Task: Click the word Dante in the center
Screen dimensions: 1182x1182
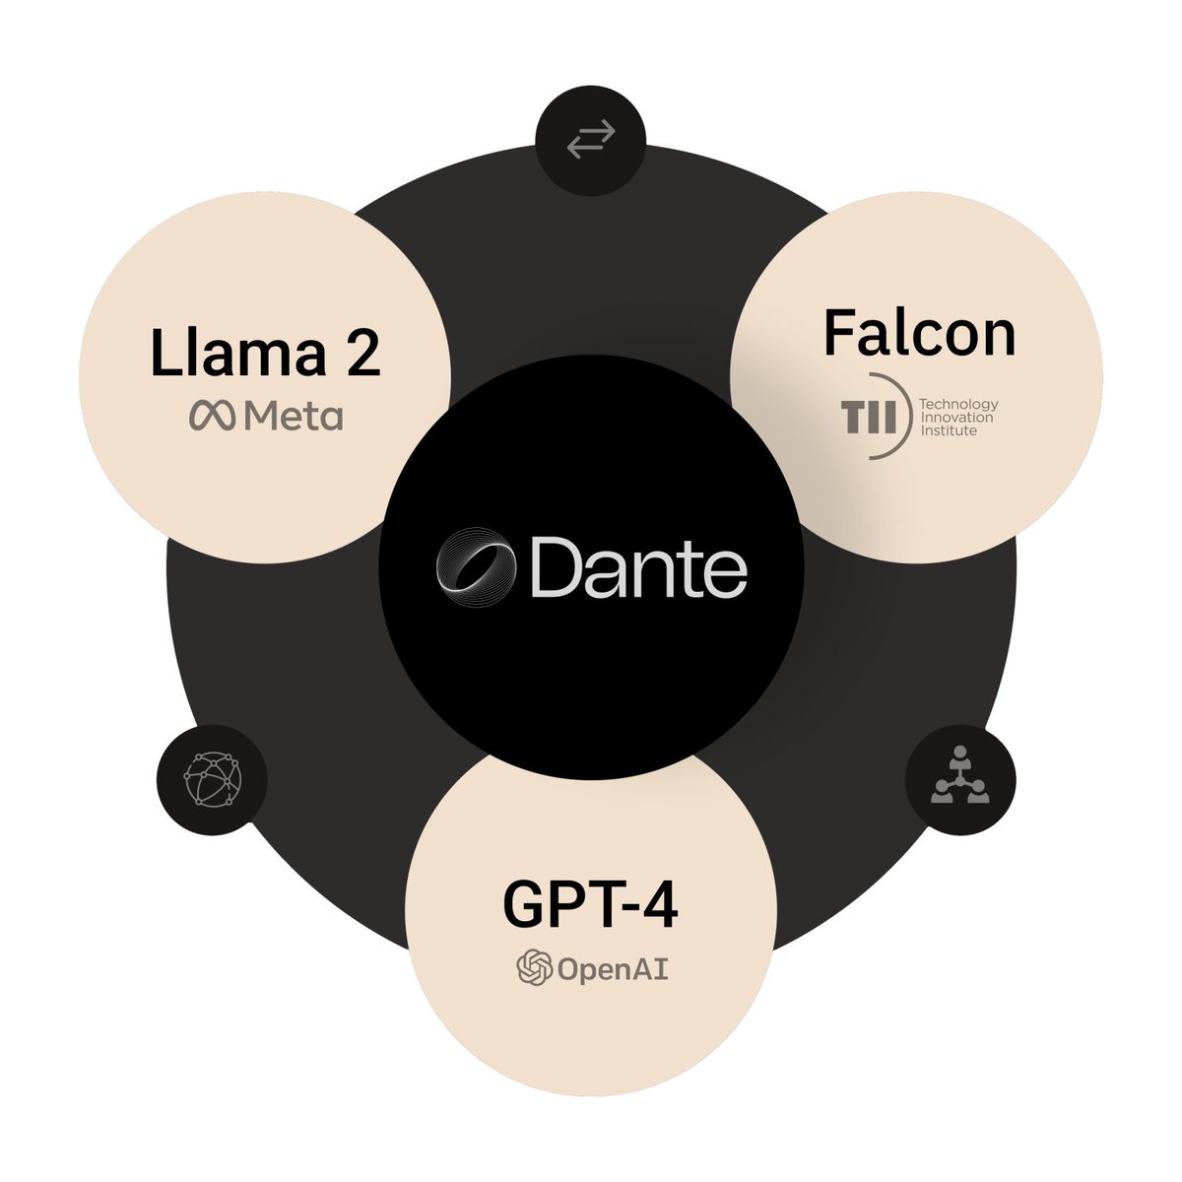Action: coord(638,569)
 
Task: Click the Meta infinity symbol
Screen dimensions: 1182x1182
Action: coord(212,417)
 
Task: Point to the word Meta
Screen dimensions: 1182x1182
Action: coord(293,417)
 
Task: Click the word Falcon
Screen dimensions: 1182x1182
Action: coord(918,333)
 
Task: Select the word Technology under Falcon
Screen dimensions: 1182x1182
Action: coord(957,404)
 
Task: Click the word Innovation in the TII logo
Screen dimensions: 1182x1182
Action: coord(955,417)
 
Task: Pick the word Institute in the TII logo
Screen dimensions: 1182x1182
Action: coord(948,429)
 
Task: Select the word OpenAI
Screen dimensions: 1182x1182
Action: coord(613,969)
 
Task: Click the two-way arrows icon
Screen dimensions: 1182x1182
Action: coord(590,139)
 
